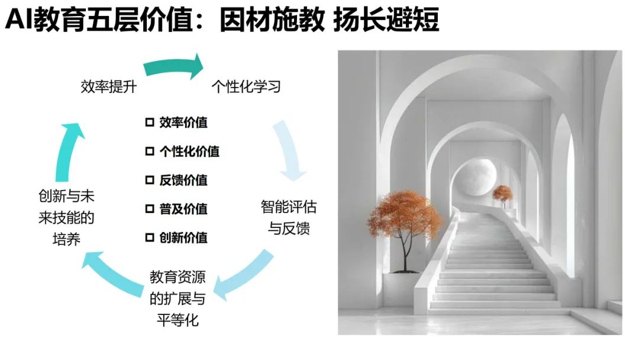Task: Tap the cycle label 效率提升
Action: pyautogui.click(x=109, y=87)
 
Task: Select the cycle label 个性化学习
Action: pyautogui.click(x=246, y=87)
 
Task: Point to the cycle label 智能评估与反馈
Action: pyautogui.click(x=289, y=217)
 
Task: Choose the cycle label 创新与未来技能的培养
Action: pyautogui.click(x=66, y=217)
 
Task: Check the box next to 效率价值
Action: pyautogui.click(x=150, y=123)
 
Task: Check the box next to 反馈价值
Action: pyautogui.click(x=150, y=180)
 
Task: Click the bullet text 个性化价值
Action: pyautogui.click(x=189, y=152)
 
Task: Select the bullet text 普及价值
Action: pyautogui.click(x=183, y=209)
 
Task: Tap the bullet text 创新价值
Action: pyautogui.click(x=183, y=238)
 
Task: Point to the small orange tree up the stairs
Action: pyautogui.click(x=503, y=194)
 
